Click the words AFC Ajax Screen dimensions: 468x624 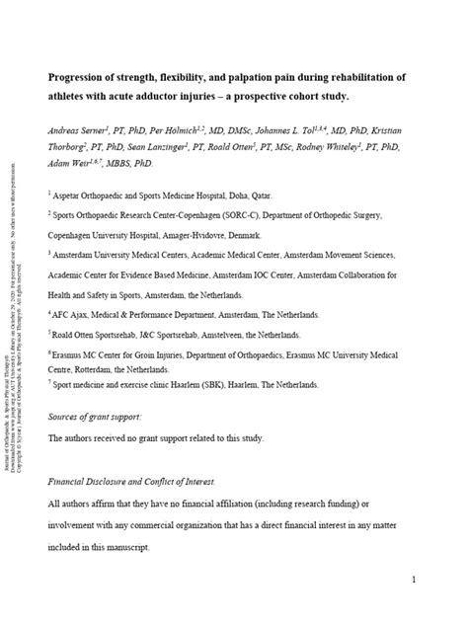75,314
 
